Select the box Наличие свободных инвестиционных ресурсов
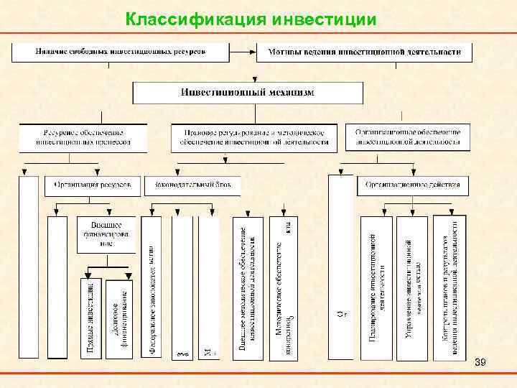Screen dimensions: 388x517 pyautogui.click(x=120, y=52)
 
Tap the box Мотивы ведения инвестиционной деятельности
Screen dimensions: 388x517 pyautogui.click(x=364, y=52)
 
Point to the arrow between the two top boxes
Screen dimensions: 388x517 pyautogui.click(x=243, y=52)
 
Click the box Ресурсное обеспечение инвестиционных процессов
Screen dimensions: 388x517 pyautogui.click(x=83, y=137)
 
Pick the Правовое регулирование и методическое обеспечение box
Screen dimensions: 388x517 pyautogui.click(x=253, y=137)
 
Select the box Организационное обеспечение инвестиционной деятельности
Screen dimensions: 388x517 pyautogui.click(x=408, y=137)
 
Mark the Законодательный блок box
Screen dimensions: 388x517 pyautogui.click(x=192, y=185)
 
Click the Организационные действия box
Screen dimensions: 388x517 pyautogui.click(x=413, y=185)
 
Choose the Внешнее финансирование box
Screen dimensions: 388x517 pyautogui.click(x=106, y=234)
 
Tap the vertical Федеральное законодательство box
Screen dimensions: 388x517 pyautogui.click(x=152, y=287)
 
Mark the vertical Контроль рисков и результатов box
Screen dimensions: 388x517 pyautogui.click(x=450, y=287)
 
